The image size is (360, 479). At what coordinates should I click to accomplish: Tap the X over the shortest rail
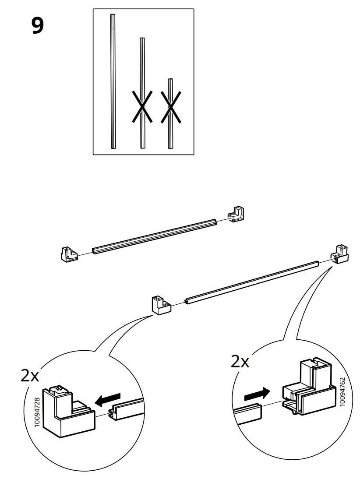(171, 106)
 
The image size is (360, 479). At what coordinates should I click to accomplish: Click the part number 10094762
(342, 392)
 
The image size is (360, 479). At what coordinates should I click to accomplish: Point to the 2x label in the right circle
(240, 362)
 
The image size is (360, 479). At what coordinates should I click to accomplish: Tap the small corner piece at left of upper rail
(67, 254)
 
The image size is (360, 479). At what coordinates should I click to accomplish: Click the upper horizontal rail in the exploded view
(155, 236)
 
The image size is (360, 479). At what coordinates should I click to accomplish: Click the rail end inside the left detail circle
(127, 409)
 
